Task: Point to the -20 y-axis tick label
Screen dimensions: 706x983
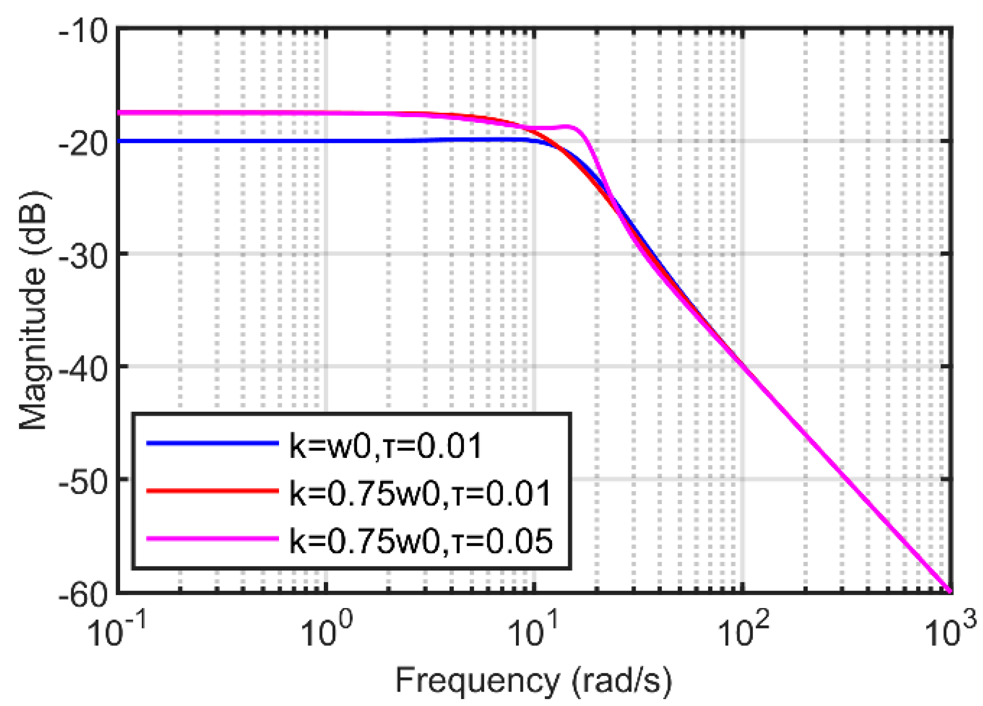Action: click(x=83, y=145)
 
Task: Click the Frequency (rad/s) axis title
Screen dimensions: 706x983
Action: click(x=534, y=680)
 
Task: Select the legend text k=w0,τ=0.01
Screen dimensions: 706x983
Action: click(x=386, y=446)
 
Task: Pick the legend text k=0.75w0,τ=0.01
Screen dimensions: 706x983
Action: click(x=420, y=493)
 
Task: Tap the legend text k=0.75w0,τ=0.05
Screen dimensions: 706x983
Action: click(x=420, y=541)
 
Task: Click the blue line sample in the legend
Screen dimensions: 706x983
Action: click(x=212, y=443)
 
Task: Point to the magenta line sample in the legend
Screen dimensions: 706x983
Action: click(x=212, y=538)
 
